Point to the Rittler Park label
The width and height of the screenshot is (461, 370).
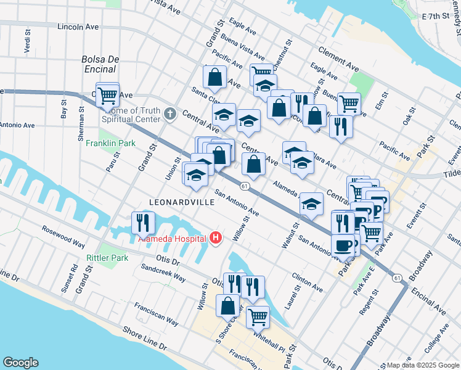point(107,258)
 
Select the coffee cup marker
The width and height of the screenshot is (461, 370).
point(343,245)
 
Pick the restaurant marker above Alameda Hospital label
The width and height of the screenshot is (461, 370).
point(143,222)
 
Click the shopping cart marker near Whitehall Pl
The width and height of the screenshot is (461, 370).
point(258,317)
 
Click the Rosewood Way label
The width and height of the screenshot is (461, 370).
point(63,236)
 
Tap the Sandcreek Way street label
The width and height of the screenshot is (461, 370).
point(163,274)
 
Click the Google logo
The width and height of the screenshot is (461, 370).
point(20,363)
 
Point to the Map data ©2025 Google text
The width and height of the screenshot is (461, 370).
point(422,365)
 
